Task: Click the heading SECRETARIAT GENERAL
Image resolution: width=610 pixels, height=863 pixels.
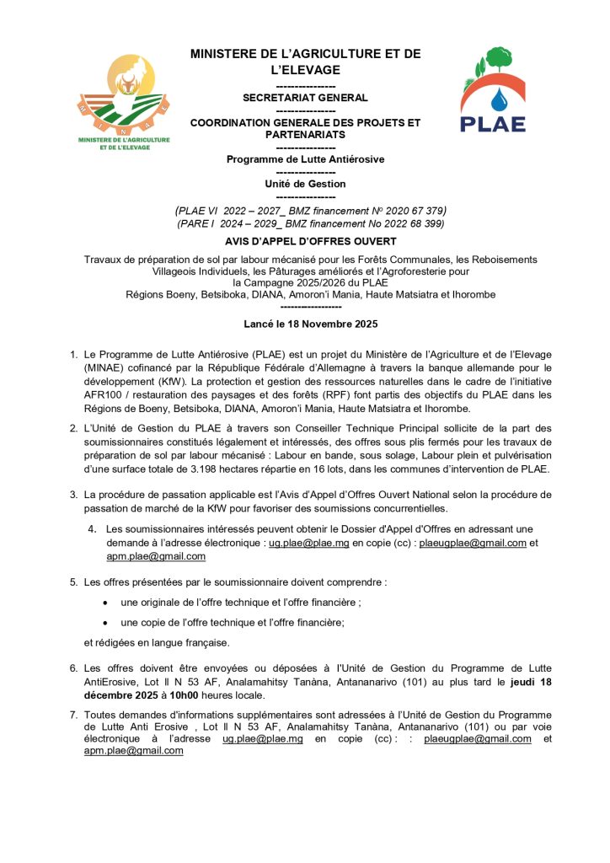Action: (x=305, y=98)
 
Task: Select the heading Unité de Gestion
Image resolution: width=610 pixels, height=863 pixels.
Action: (x=305, y=184)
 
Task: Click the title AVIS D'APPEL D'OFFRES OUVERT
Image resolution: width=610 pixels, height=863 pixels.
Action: (x=305, y=240)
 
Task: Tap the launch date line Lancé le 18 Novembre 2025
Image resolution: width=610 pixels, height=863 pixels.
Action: (x=305, y=324)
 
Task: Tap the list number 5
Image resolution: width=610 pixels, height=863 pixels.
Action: (x=73, y=582)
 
